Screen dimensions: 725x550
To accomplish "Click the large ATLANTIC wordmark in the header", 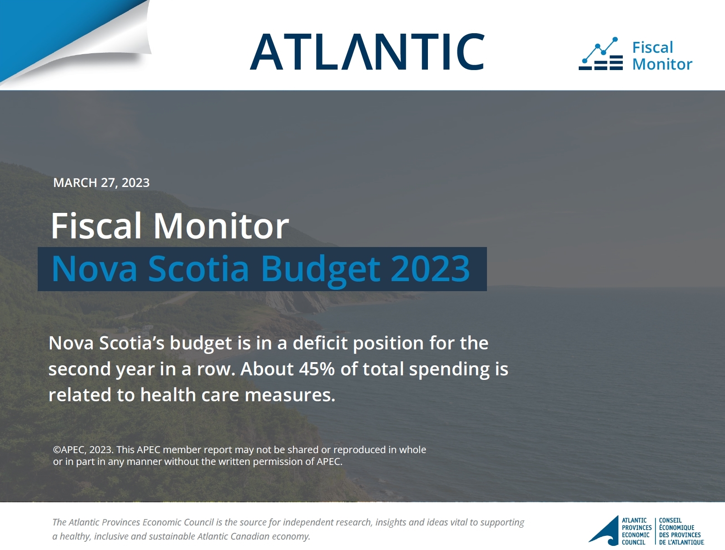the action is tap(367, 51).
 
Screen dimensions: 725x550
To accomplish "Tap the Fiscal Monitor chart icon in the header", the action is tap(601, 54).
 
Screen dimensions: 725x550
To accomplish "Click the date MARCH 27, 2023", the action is tap(101, 183).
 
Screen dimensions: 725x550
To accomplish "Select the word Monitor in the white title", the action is tap(221, 226).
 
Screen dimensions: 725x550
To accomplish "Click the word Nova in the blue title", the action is tap(94, 268).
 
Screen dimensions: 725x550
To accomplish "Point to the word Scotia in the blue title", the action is tap(198, 268).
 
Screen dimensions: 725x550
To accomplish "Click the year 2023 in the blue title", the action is tap(430, 268).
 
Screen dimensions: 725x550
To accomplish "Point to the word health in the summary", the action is tap(168, 394).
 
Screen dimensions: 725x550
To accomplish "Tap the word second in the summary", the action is tap(79, 369).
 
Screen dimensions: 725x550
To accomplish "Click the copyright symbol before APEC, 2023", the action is tap(57, 450).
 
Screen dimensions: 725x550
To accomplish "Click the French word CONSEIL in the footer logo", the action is tap(670, 520).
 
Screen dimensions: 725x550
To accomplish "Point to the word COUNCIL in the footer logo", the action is tap(634, 542).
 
